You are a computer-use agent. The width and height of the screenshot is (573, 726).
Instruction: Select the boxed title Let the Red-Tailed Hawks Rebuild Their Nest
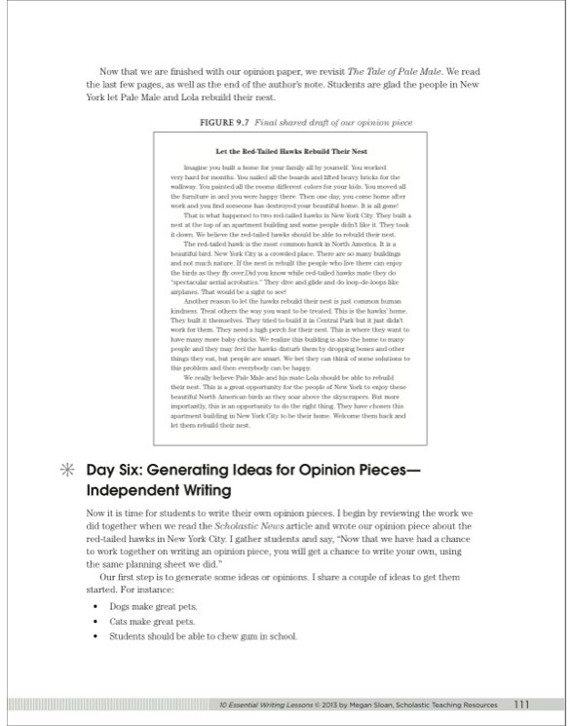coord(290,152)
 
